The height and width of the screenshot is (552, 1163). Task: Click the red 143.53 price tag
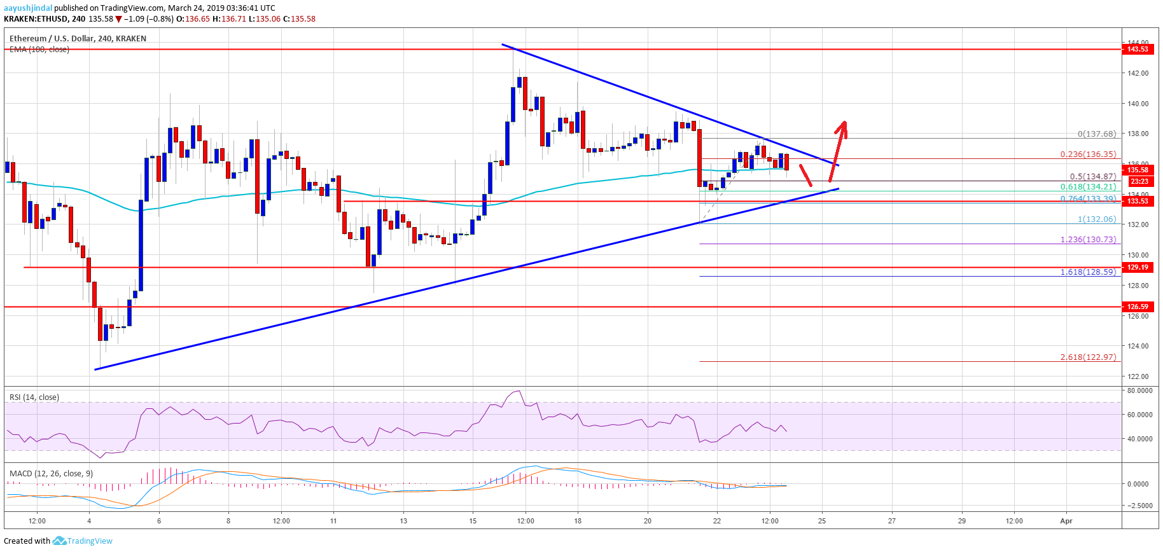tap(1138, 49)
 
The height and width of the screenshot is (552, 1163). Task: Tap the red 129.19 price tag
tap(1138, 267)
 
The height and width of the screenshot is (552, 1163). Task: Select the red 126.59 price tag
tap(1138, 307)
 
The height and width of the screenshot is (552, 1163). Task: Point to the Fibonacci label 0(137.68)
tap(1097, 134)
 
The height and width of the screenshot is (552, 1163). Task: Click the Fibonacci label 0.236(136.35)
tap(1088, 155)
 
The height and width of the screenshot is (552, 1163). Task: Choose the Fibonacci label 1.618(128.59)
tap(1088, 272)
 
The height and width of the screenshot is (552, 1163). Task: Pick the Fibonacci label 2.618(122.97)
tap(1088, 357)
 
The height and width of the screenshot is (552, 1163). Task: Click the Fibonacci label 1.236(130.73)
tap(1088, 240)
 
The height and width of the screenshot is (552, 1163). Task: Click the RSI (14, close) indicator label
tap(34, 397)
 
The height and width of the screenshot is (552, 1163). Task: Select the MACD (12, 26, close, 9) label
tap(51, 474)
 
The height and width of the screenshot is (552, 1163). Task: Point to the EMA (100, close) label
tap(39, 50)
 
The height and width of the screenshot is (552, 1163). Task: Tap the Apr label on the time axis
tap(1066, 521)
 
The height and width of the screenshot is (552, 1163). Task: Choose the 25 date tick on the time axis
tap(822, 521)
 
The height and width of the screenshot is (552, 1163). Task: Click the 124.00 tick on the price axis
tap(1138, 346)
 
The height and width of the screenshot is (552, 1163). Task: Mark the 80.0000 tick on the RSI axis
tap(1139, 391)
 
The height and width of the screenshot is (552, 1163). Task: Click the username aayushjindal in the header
tap(28, 8)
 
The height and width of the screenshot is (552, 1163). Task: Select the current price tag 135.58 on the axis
tap(1138, 170)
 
